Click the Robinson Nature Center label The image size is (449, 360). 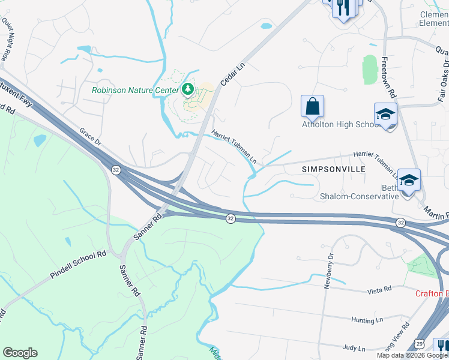pos(135,91)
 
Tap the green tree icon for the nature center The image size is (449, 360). pos(188,90)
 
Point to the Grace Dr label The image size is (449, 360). pos(91,136)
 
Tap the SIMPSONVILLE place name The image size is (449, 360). pos(333,170)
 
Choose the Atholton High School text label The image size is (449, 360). pos(340,125)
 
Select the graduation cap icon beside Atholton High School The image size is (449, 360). pos(385,113)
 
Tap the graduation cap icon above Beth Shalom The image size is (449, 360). pos(409,179)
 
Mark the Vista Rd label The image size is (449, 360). pos(379,290)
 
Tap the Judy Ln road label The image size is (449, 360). pos(354,348)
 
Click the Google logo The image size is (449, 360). pos(20,353)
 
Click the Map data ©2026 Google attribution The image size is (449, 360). pos(412,355)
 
